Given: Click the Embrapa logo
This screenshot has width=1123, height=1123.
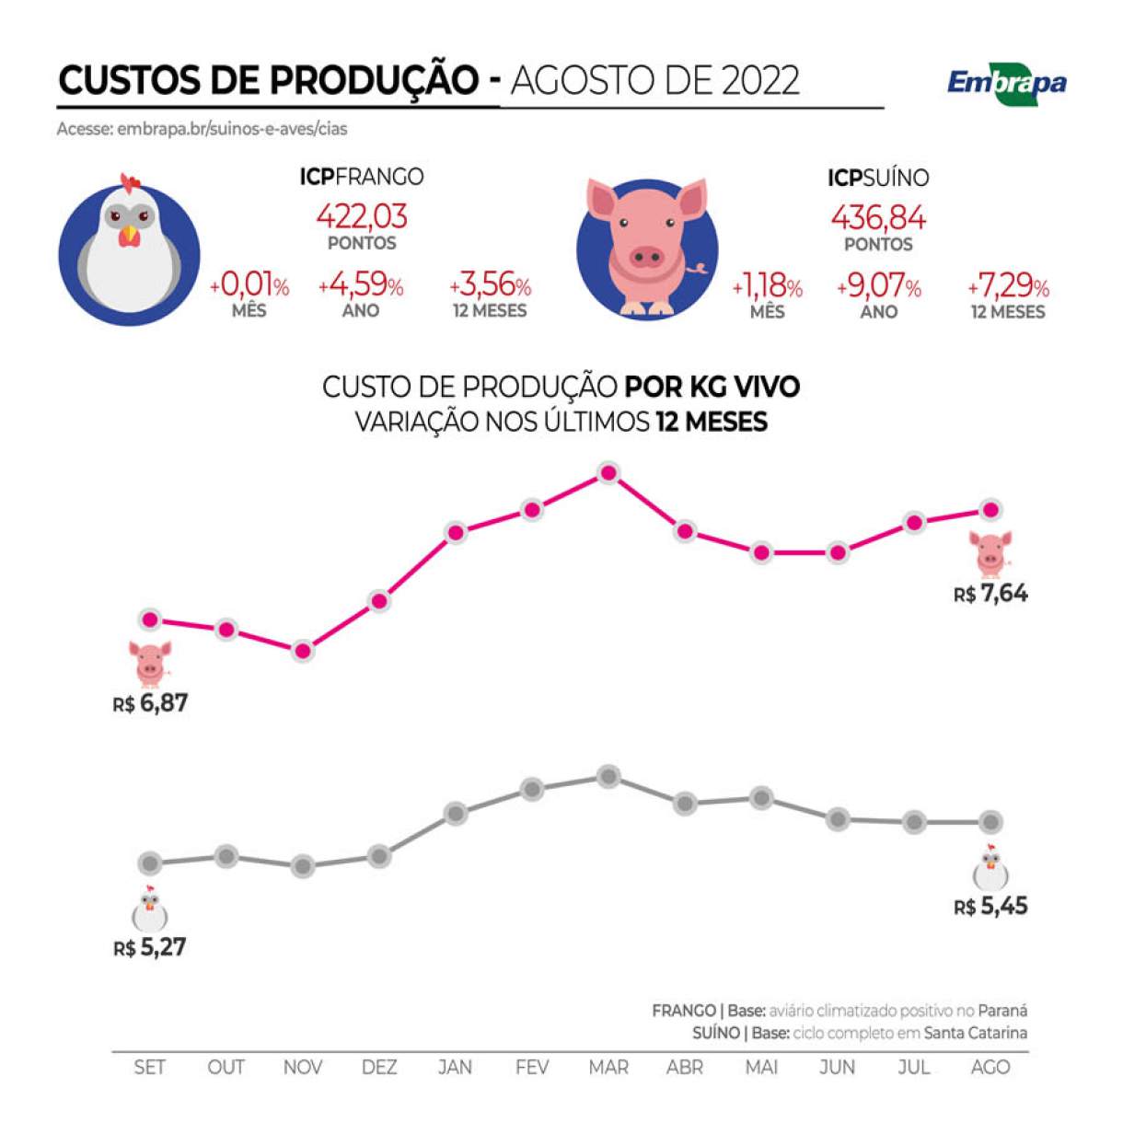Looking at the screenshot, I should [1007, 84].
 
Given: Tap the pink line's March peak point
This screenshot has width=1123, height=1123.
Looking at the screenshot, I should [608, 473].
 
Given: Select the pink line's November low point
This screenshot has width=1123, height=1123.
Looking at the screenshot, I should [303, 651].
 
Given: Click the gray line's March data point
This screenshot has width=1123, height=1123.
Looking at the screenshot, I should [608, 776].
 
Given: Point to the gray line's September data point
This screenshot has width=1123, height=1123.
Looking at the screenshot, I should [150, 863].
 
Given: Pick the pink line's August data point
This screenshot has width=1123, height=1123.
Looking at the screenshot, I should [990, 509].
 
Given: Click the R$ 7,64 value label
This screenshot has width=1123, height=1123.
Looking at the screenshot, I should [990, 594].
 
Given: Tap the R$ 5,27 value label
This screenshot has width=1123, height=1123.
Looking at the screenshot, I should [150, 947].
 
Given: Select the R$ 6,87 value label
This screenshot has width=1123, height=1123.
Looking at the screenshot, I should [150, 704].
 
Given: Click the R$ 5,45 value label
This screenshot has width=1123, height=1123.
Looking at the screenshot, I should [990, 907].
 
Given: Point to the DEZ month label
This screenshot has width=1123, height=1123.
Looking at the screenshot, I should [379, 1068].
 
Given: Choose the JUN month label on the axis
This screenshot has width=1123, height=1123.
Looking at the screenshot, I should [837, 1068].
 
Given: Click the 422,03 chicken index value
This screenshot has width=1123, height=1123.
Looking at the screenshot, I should [362, 216].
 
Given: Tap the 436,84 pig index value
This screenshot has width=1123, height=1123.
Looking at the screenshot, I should [878, 218].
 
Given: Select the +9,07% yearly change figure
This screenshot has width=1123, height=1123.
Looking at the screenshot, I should [878, 287].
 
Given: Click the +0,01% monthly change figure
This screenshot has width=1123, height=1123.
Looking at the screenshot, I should [249, 286].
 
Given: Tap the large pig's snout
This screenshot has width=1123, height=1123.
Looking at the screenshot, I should [646, 255].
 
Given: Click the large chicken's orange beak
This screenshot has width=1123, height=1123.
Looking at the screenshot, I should [130, 237].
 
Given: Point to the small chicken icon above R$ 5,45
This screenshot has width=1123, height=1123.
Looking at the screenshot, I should [990, 867].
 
